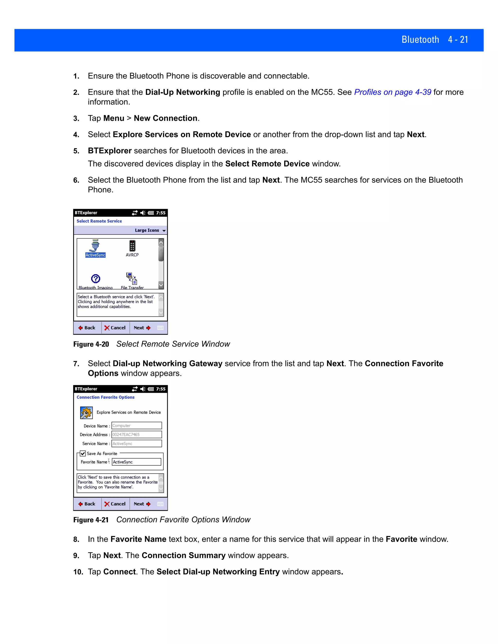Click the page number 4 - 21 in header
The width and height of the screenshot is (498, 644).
(458, 40)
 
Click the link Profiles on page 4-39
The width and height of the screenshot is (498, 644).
(392, 92)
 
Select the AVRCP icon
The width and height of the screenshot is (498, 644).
(132, 246)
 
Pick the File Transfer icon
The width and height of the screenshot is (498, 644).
(132, 278)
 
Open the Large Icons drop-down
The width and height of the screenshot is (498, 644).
(150, 230)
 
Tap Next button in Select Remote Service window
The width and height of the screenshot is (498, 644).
(142, 328)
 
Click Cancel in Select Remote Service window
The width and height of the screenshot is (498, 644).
(115, 328)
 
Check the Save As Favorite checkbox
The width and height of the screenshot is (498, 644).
(83, 453)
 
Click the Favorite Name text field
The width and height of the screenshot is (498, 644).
(136, 462)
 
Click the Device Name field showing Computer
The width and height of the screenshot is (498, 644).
(136, 426)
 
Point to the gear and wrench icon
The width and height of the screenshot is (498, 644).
(86, 413)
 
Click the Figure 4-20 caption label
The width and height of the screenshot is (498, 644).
(91, 344)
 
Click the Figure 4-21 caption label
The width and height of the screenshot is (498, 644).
(91, 520)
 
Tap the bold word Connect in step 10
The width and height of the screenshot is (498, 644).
(119, 572)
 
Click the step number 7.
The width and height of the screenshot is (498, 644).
(76, 364)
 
